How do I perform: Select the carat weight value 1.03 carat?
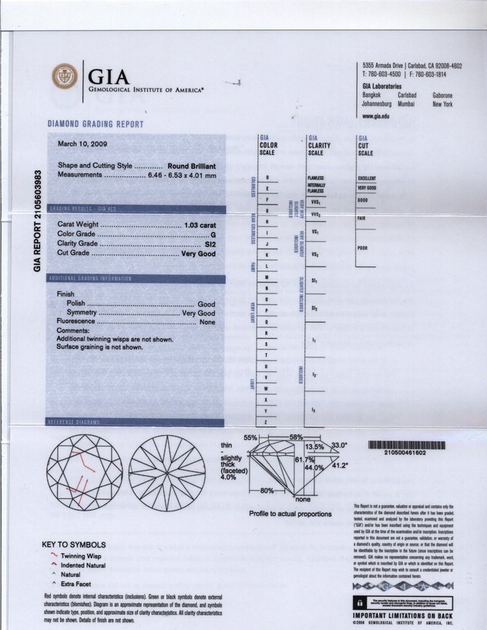(196, 224)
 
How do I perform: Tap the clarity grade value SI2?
(207, 243)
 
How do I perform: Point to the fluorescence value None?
(207, 322)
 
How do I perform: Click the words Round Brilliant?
(191, 166)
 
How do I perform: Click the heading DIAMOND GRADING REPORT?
(96, 124)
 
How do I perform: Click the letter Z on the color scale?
(267, 423)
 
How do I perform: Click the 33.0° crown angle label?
(339, 446)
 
